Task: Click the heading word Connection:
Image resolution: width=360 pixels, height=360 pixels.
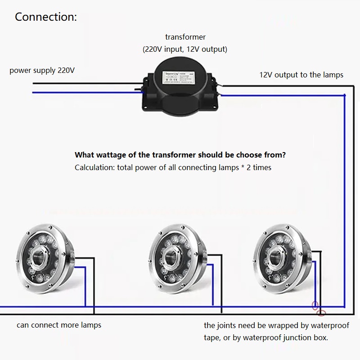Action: point(46,17)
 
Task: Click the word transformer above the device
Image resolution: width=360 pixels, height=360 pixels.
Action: point(185,37)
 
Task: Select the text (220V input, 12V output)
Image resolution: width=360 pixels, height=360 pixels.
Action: point(185,49)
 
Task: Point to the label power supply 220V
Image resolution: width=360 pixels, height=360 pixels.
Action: point(42,71)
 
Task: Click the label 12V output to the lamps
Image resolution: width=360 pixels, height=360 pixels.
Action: point(301,75)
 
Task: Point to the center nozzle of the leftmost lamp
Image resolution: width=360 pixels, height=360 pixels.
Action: point(39,257)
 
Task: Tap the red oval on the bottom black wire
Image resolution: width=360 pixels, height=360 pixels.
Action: point(321,313)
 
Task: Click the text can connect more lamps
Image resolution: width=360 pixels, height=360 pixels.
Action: point(59,325)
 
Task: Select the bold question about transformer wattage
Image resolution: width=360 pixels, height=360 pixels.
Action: point(180,155)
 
